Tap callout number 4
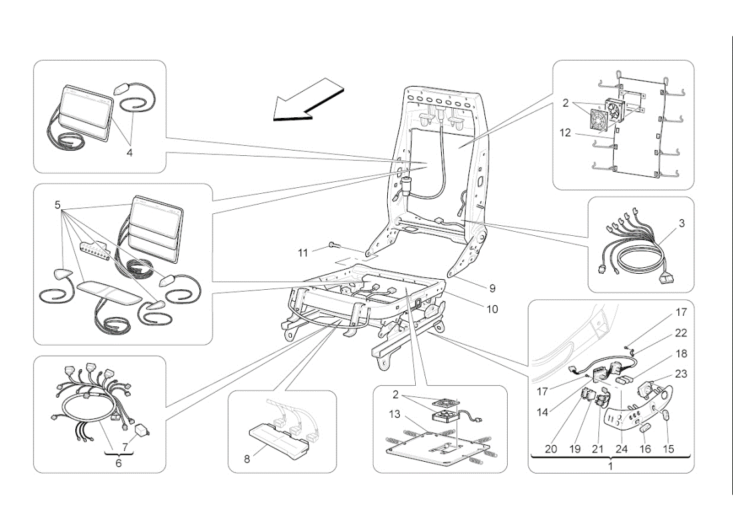[x=129, y=153]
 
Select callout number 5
[x=58, y=205]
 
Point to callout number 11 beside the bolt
[x=303, y=253]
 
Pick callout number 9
[x=492, y=288]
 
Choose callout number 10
[x=492, y=309]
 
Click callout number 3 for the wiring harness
[x=682, y=223]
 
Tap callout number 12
[x=566, y=133]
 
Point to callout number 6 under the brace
[x=119, y=462]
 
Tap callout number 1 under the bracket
[x=610, y=466]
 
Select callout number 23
[x=682, y=374]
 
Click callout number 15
[x=668, y=449]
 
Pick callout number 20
[x=550, y=449]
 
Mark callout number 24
[x=622, y=449]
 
